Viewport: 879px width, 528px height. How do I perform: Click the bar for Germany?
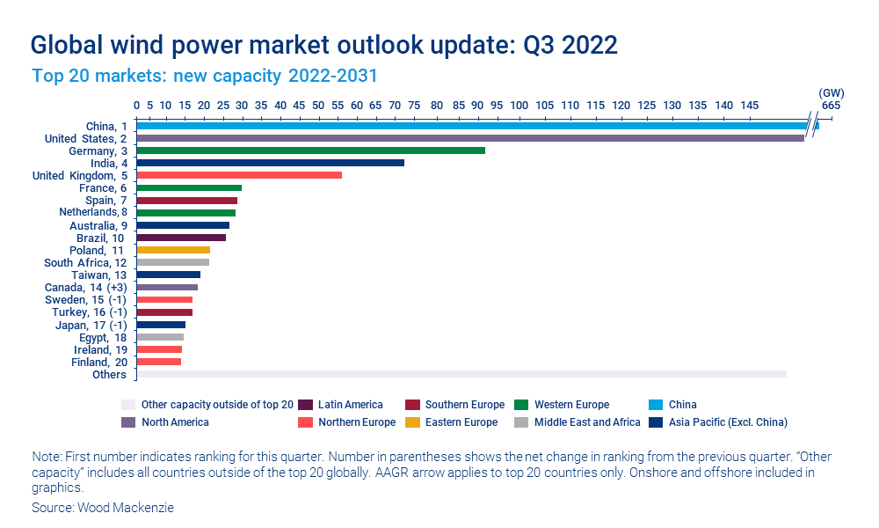point(310,150)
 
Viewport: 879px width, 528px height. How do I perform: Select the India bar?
point(270,163)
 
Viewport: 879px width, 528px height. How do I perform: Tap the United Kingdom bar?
point(239,175)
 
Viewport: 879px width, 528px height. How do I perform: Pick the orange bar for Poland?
point(173,250)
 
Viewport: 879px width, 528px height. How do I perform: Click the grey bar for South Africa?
point(172,262)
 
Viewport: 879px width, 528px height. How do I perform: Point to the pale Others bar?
point(461,374)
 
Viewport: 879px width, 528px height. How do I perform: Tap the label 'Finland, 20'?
point(98,362)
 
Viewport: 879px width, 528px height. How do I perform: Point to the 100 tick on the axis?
point(519,106)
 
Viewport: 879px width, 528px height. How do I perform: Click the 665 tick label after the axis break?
point(831,106)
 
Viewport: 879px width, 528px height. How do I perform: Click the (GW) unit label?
point(831,92)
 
